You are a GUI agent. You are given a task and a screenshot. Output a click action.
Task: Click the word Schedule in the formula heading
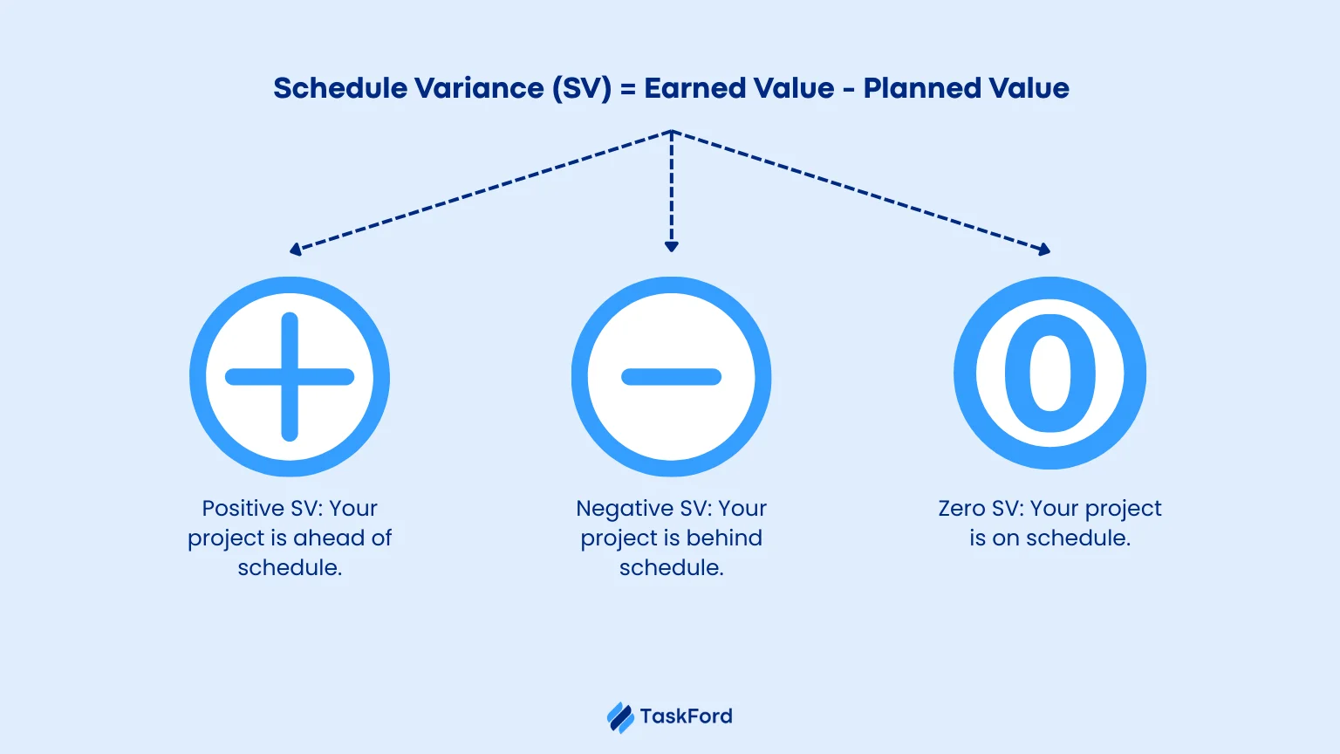tap(339, 88)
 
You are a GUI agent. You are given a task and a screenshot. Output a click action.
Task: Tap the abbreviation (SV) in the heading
tap(582, 89)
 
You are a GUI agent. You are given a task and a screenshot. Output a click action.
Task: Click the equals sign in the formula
tap(627, 89)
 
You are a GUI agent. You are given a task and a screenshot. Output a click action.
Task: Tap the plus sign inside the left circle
tap(290, 376)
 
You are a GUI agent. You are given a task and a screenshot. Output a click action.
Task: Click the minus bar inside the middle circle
tap(671, 376)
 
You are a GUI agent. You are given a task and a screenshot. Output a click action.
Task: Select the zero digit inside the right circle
tap(1049, 373)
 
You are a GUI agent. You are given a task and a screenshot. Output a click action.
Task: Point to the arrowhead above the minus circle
tap(671, 247)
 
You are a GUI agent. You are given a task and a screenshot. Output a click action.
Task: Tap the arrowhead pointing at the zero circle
tap(1044, 249)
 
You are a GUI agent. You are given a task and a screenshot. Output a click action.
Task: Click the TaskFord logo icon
tap(620, 717)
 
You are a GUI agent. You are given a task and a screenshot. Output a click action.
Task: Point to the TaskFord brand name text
tap(687, 716)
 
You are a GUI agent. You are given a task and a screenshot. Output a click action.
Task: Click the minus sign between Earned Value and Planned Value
tap(848, 90)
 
